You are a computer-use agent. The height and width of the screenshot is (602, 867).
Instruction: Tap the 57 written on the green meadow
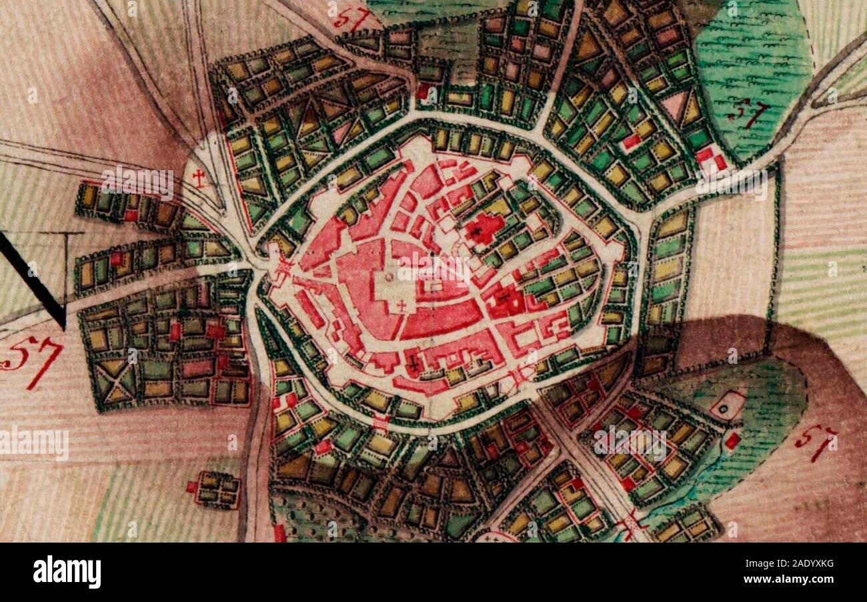(x=748, y=115)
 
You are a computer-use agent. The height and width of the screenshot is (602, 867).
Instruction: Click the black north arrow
(x=33, y=280)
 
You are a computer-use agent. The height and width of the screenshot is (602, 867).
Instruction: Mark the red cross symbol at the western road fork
(x=197, y=177)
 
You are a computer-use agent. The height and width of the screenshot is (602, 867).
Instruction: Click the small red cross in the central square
(x=401, y=306)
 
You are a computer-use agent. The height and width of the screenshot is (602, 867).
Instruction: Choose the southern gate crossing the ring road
(x=381, y=422)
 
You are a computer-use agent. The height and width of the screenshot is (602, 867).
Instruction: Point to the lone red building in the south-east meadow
(x=732, y=440)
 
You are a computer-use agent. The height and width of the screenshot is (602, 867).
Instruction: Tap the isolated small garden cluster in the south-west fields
(x=215, y=489)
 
